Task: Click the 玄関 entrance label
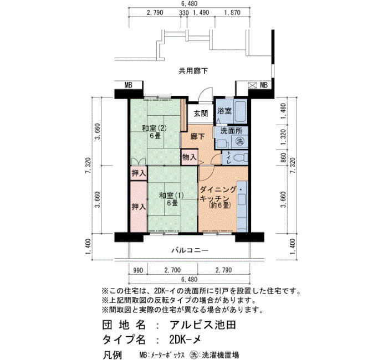[x=201, y=114]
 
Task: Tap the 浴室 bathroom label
[x=224, y=111]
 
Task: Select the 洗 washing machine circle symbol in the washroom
[x=239, y=141]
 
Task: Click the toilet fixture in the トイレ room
[x=241, y=157]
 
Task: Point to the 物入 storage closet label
[x=190, y=157]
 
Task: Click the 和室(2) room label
[x=154, y=128]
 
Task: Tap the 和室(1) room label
[x=171, y=196]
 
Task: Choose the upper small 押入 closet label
[x=139, y=173]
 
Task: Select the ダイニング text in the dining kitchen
[x=218, y=189]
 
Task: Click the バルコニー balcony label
[x=190, y=250]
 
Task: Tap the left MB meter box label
[x=129, y=85]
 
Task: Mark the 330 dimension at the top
[x=184, y=12]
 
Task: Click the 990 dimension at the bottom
[x=138, y=270]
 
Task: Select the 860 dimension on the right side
[x=284, y=157]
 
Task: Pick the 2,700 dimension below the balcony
[x=172, y=270]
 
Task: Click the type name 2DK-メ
[x=185, y=340]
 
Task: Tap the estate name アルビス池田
[x=203, y=325]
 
